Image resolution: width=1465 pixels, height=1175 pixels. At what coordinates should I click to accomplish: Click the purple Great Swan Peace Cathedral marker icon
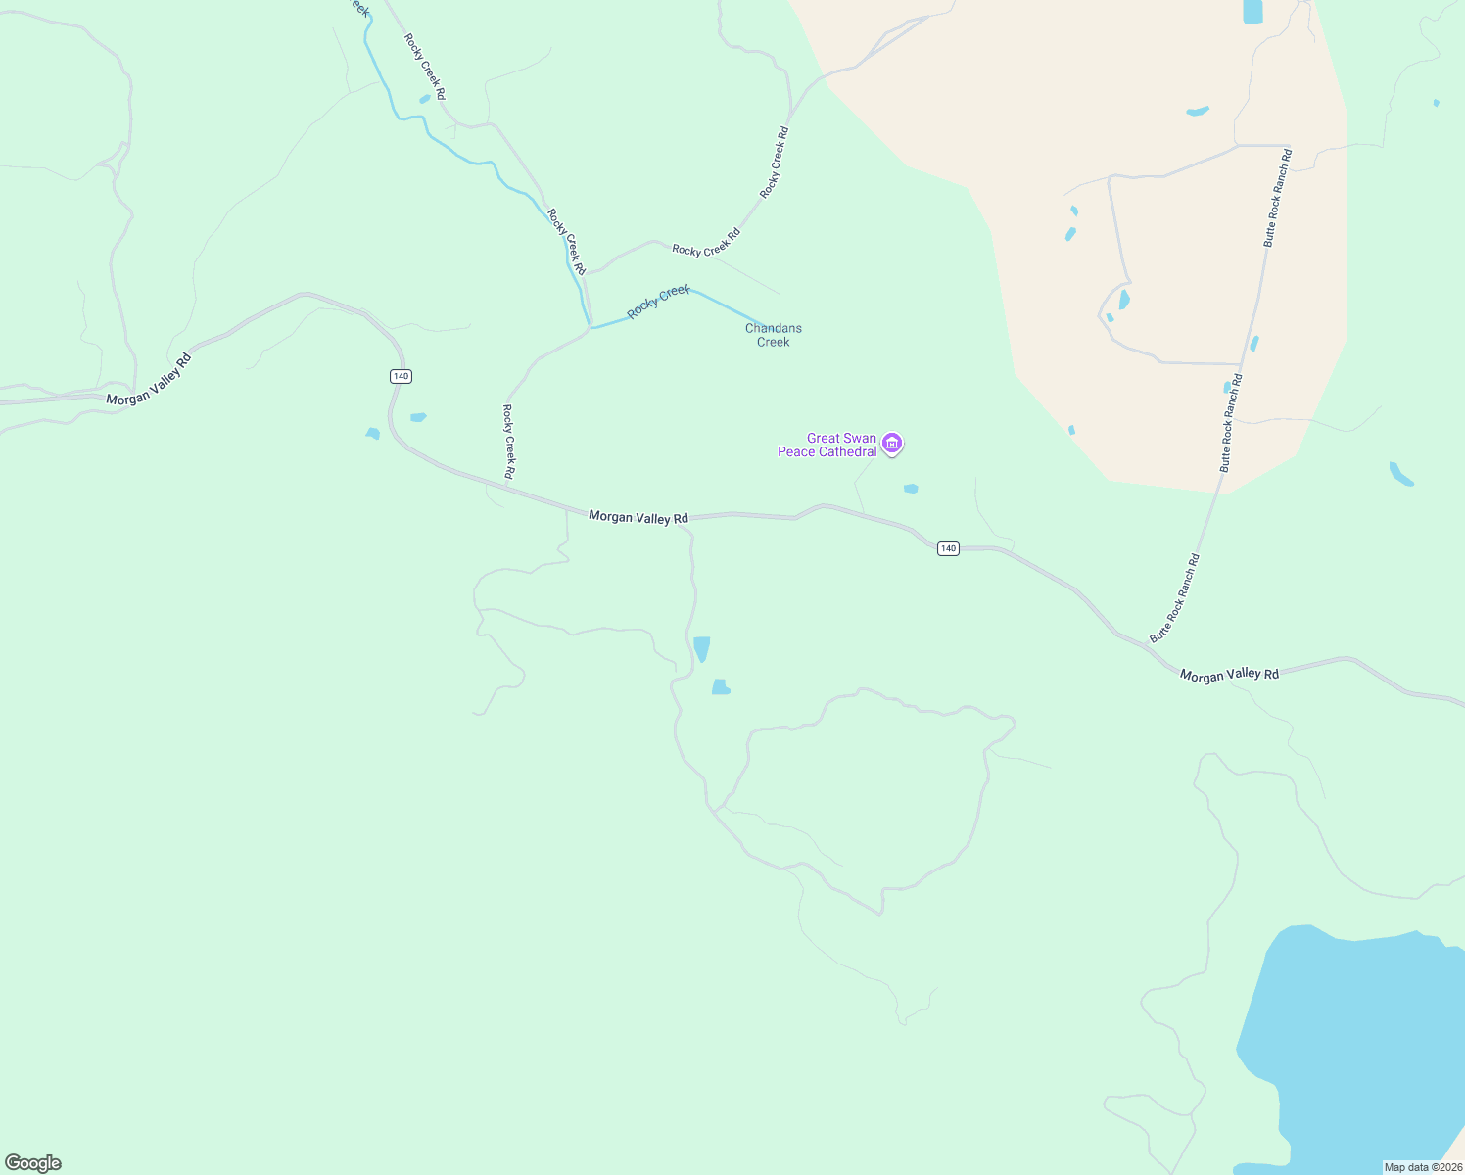point(891,444)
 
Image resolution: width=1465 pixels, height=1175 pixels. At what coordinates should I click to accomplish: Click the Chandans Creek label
point(774,335)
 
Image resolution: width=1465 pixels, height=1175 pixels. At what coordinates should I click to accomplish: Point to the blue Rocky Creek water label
point(659,302)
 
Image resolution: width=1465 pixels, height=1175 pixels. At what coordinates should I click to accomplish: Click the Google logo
point(33,1163)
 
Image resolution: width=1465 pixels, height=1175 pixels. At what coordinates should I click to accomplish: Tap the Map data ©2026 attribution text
point(1422,1167)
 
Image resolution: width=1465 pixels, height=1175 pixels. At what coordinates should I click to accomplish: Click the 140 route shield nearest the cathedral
point(947,548)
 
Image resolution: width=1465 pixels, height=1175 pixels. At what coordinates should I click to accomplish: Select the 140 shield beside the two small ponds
point(400,376)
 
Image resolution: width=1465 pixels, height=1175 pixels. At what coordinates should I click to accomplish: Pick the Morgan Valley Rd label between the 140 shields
point(638,517)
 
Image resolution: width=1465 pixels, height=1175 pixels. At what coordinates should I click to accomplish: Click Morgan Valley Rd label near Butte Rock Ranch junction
point(1229,675)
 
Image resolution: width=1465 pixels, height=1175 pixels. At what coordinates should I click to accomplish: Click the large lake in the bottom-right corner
point(1361,1048)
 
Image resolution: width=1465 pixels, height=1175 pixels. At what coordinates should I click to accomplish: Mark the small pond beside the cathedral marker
point(911,489)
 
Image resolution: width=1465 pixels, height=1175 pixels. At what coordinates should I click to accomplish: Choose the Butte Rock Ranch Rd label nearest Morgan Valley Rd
point(1174,598)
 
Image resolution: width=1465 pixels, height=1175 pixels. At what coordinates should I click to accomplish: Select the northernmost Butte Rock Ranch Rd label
point(1276,198)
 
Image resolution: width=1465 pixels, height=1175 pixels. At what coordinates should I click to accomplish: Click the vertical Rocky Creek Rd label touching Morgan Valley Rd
point(509,442)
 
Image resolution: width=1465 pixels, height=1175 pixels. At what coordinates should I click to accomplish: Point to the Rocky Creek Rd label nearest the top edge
point(425,67)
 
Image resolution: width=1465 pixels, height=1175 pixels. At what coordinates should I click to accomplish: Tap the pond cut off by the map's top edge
point(1252,12)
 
